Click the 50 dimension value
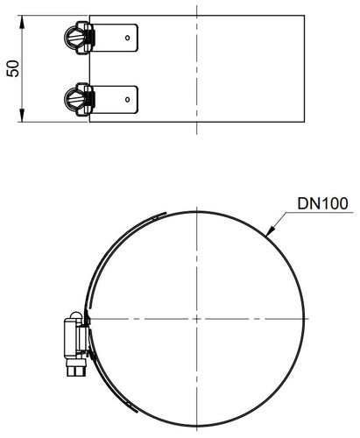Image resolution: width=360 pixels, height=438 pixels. click(x=13, y=68)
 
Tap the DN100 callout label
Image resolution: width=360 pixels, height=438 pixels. click(x=322, y=203)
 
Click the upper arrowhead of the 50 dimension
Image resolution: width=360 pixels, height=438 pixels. click(x=22, y=22)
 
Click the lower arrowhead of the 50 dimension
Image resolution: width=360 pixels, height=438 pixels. click(x=22, y=115)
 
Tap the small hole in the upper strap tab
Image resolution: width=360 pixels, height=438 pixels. click(x=127, y=38)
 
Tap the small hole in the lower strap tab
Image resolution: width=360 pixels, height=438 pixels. click(x=127, y=100)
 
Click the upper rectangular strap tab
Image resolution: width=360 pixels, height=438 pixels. click(x=115, y=38)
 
